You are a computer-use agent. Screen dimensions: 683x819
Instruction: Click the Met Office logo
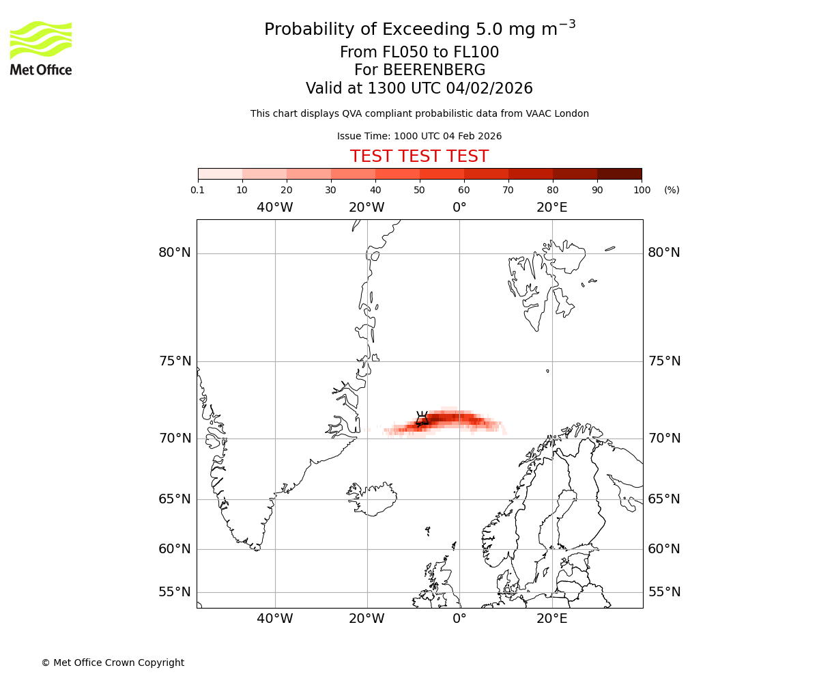coord(41,48)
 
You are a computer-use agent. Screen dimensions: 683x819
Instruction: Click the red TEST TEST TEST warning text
coord(419,157)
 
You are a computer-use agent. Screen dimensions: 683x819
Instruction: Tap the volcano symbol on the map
coord(422,419)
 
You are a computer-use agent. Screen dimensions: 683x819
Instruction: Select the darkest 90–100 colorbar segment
coord(619,173)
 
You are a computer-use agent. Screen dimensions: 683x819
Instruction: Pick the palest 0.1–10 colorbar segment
coord(220,173)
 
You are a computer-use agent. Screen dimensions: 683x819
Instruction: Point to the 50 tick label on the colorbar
coord(419,190)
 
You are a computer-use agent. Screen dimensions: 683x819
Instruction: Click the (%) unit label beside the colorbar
coord(672,190)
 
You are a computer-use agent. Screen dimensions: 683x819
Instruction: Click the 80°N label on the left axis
coord(175,253)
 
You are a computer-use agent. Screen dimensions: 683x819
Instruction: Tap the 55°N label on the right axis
coord(664,592)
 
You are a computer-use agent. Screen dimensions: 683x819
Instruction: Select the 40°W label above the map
coord(275,208)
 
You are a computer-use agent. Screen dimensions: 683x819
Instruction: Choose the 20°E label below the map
coord(551,619)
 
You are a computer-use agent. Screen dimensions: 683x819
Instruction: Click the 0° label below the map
coord(459,619)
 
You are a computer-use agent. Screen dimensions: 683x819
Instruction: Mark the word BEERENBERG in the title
coord(433,70)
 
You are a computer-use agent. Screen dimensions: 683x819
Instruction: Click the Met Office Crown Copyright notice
coord(113,663)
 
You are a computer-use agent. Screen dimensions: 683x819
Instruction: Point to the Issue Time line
coord(419,136)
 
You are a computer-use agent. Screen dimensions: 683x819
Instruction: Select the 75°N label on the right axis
coord(664,361)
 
